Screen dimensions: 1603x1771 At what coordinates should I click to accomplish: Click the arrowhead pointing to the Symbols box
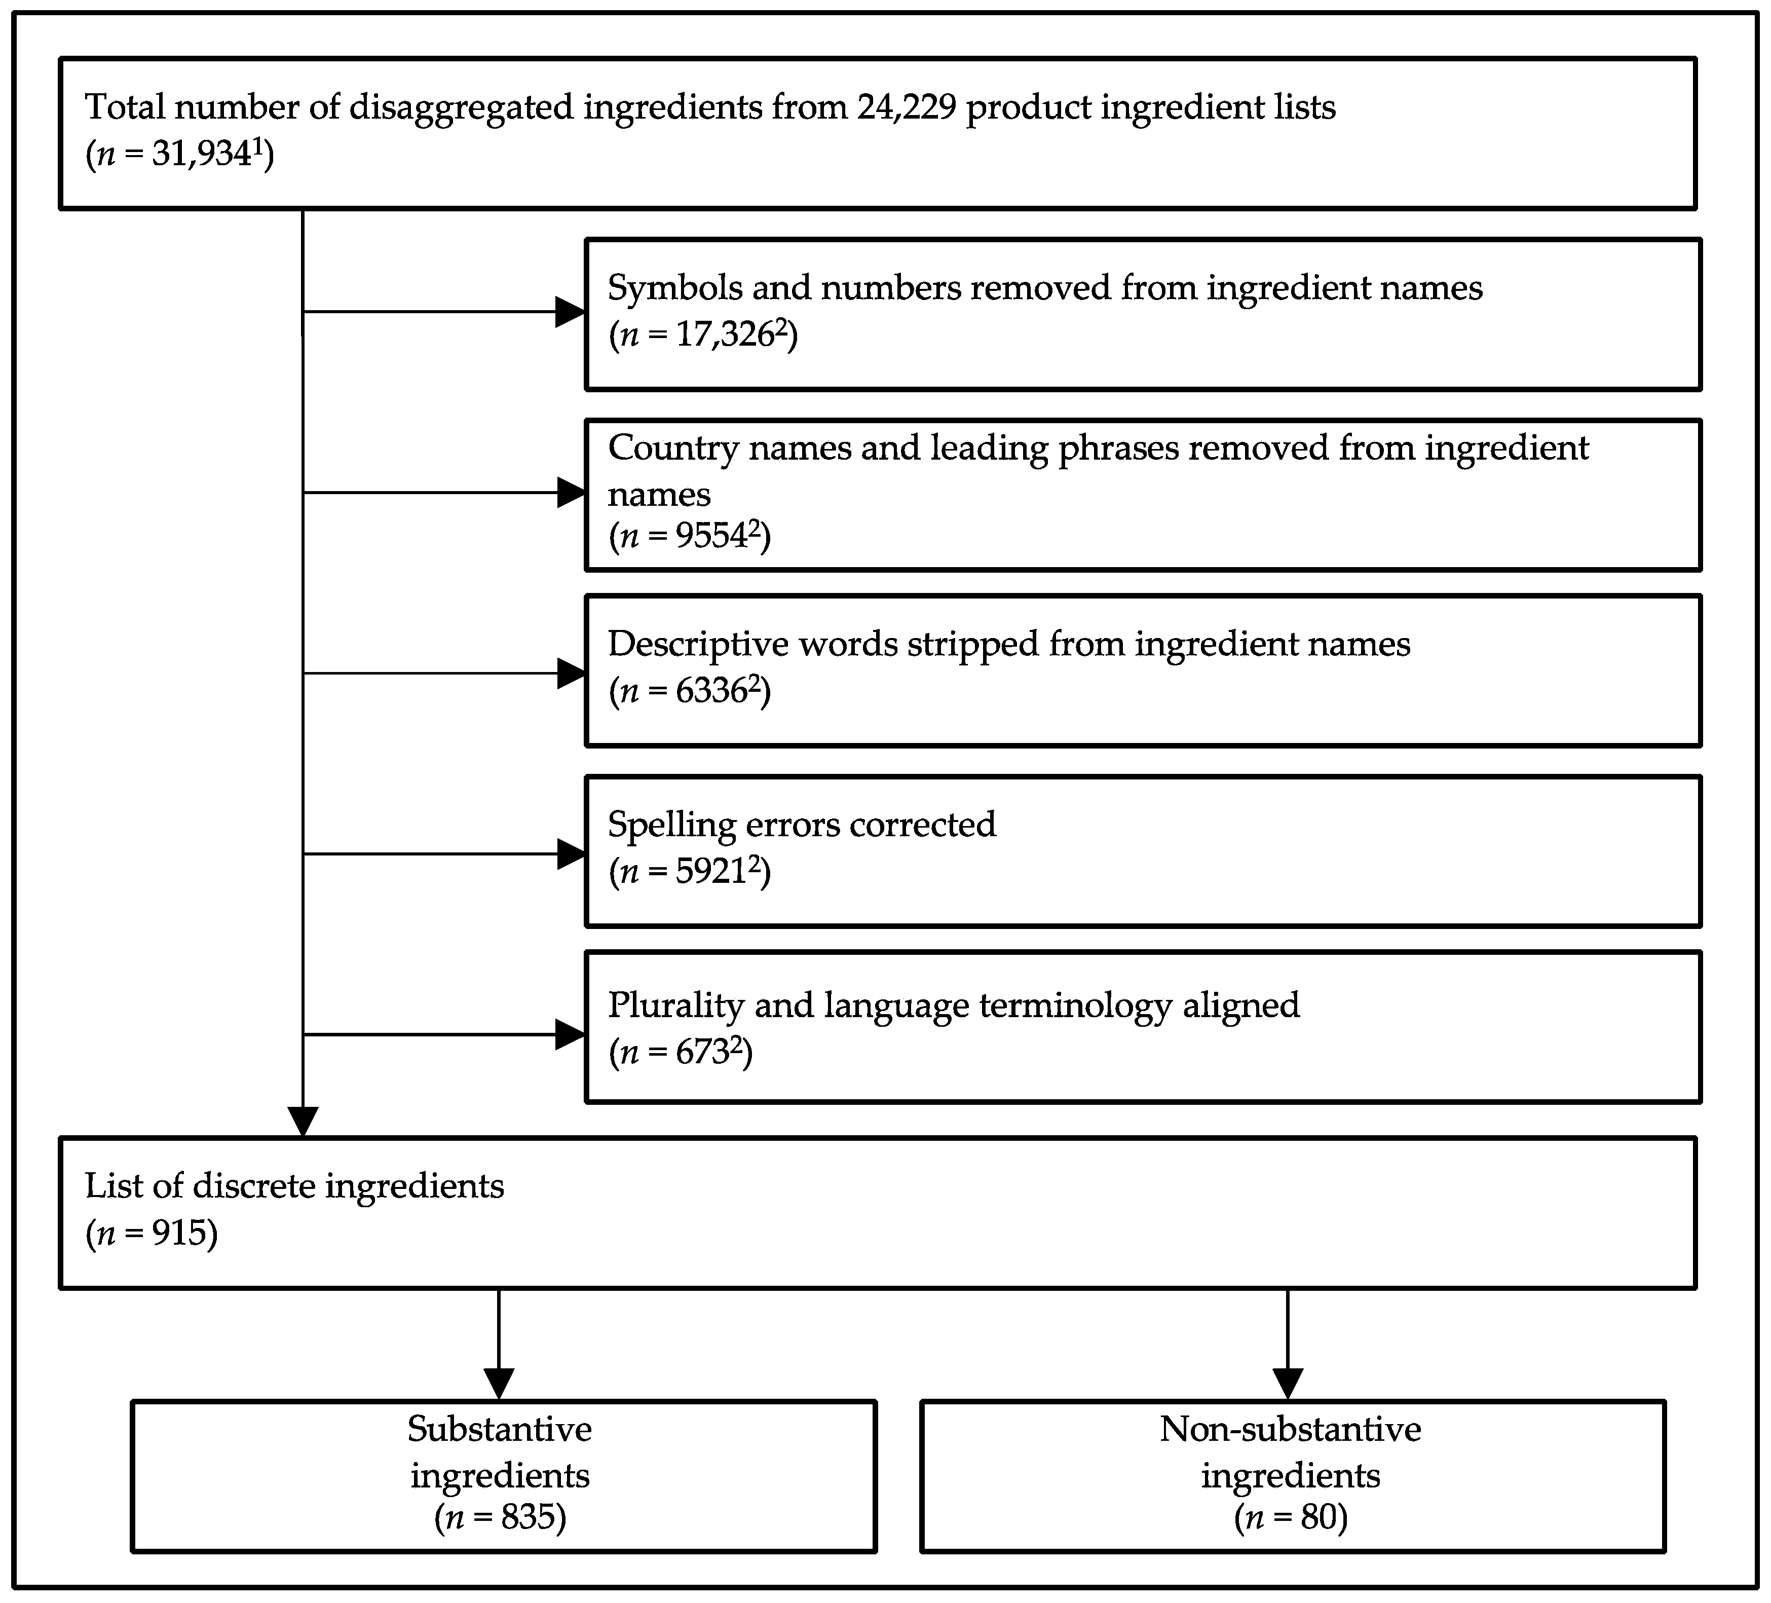[x=571, y=312]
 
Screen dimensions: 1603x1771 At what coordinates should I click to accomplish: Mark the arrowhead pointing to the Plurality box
[x=571, y=1034]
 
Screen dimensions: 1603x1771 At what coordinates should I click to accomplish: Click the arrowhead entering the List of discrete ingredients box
[x=303, y=1122]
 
